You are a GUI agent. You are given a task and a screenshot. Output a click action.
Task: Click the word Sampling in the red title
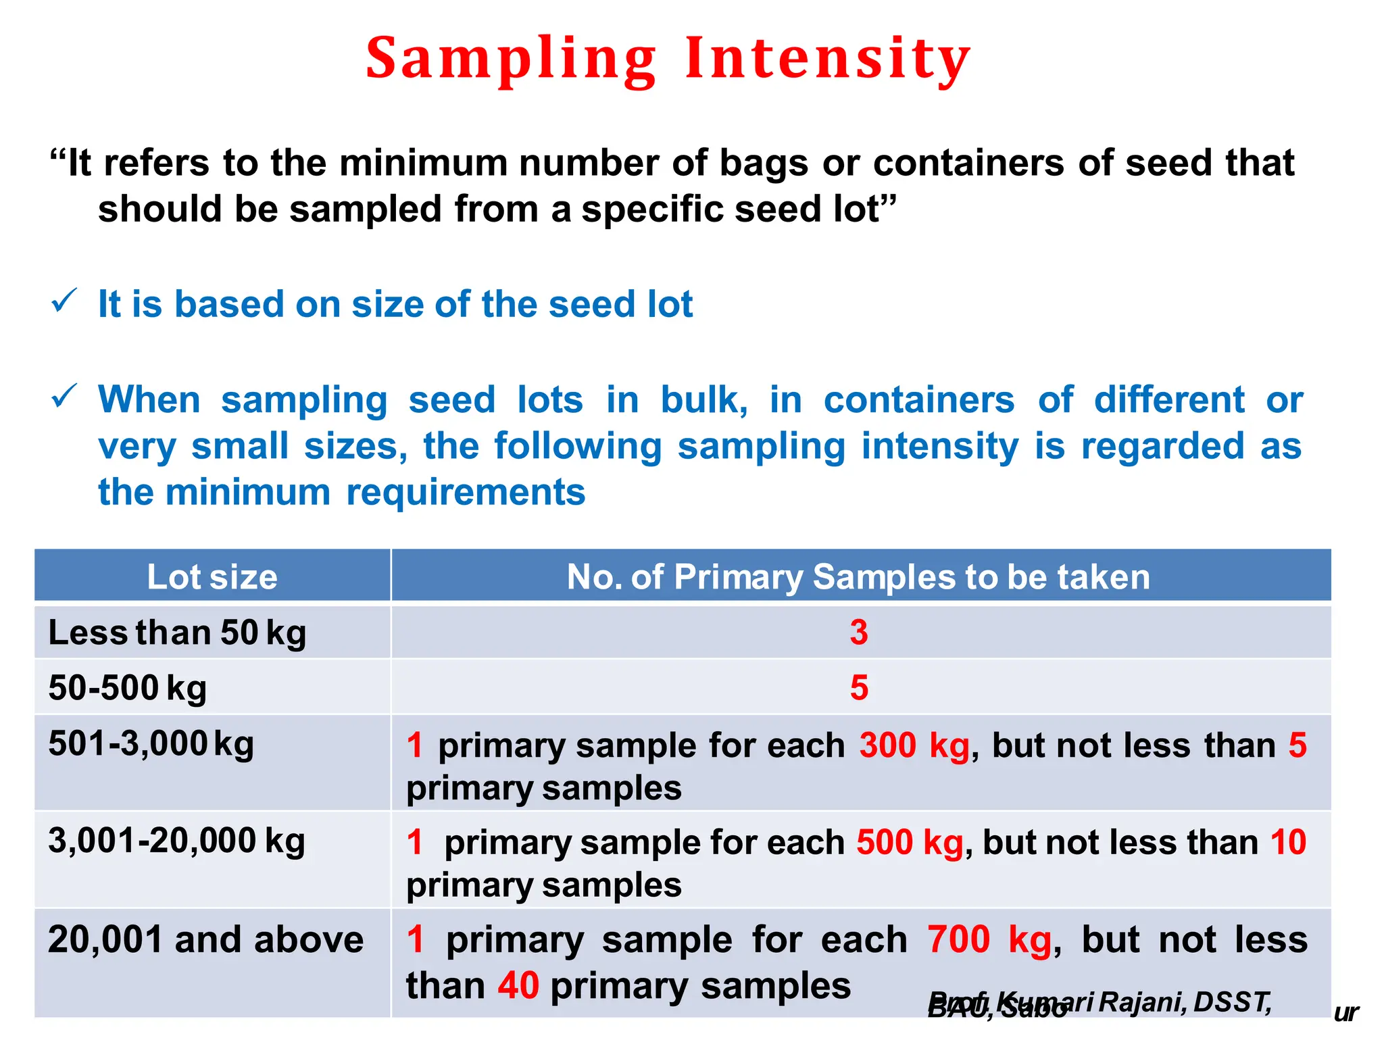coord(511,59)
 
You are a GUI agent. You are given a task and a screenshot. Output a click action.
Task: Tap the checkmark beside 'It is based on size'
coord(65,301)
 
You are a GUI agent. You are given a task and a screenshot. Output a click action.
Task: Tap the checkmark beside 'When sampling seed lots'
coord(65,396)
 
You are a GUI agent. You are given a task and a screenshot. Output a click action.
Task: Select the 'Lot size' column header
coord(212,577)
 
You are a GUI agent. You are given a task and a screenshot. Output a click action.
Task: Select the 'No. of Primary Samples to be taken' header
coord(858,577)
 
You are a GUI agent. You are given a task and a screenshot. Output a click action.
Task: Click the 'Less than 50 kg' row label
coord(177,633)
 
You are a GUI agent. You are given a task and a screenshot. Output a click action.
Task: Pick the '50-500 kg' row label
coord(128,688)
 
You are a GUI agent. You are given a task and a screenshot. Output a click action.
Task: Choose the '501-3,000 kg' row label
coord(151,744)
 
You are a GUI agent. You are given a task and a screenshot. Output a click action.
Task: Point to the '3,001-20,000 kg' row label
coord(176,841)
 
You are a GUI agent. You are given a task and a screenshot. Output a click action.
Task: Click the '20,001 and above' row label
coord(205,939)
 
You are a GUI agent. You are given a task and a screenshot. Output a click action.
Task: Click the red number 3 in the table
coord(858,633)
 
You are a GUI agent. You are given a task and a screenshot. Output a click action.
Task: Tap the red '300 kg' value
coord(914,745)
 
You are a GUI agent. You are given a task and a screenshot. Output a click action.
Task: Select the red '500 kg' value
coord(910,843)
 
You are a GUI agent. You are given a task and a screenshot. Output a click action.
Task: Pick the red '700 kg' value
coord(989,940)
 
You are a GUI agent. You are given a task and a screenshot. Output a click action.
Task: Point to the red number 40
coord(518,986)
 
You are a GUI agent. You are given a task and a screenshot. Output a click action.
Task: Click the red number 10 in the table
coord(1288,843)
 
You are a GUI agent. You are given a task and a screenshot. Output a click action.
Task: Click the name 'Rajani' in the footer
coord(1142,1002)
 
